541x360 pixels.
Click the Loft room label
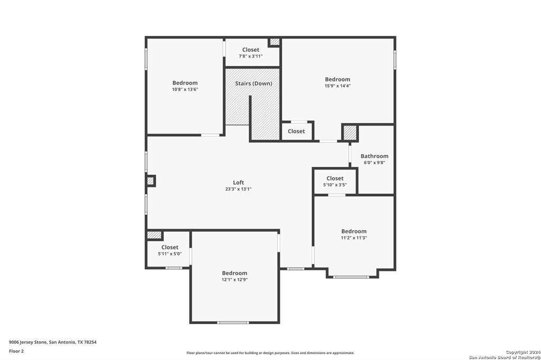(x=238, y=183)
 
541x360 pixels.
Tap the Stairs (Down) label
(x=254, y=83)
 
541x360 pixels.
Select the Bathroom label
(x=375, y=156)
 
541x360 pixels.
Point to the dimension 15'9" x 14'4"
(x=338, y=86)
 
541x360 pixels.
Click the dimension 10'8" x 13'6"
(x=185, y=89)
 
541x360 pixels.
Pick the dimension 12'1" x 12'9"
(x=235, y=280)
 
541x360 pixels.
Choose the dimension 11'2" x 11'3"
(x=354, y=238)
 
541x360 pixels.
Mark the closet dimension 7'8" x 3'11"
(x=250, y=56)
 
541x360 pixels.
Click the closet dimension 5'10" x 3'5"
(x=334, y=185)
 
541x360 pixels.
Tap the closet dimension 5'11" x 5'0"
(x=170, y=254)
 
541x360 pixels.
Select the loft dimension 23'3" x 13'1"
(x=238, y=189)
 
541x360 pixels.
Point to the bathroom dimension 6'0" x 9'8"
(x=375, y=163)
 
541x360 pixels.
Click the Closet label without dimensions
(x=296, y=131)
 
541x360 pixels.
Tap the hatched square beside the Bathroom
(x=350, y=133)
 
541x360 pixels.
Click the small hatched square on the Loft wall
(x=151, y=181)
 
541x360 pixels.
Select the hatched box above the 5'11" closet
(x=154, y=235)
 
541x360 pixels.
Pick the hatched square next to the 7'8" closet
(x=275, y=42)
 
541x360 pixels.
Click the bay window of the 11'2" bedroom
(x=351, y=277)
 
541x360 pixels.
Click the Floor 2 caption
(x=16, y=352)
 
